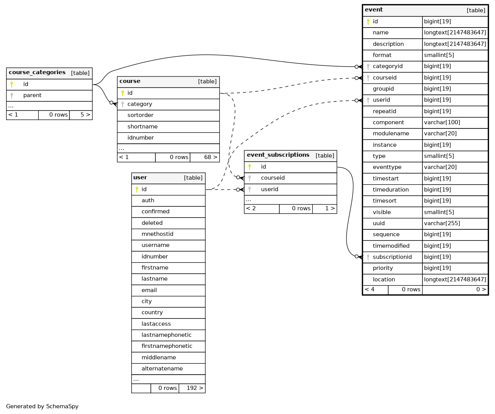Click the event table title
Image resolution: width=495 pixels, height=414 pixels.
(374, 10)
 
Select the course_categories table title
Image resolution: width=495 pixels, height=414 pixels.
(37, 73)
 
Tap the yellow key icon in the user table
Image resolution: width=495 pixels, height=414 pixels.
(137, 189)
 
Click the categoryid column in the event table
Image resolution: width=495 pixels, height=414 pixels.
(388, 66)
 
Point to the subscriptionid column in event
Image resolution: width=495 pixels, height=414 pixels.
(392, 257)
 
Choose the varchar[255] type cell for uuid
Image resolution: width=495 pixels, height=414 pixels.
(442, 223)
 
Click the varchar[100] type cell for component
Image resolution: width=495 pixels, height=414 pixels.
(442, 122)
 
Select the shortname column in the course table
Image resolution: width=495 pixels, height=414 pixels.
(142, 127)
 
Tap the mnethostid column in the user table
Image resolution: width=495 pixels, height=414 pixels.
(157, 234)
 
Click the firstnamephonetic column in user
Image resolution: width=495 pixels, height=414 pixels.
(167, 346)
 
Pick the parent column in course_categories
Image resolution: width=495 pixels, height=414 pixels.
(32, 95)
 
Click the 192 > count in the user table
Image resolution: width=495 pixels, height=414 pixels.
(195, 388)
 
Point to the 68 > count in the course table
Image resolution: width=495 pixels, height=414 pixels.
(211, 157)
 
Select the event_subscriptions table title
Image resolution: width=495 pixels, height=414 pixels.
(278, 155)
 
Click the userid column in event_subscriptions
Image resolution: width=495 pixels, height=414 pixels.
(269, 189)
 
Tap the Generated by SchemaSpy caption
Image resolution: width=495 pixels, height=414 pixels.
(42, 406)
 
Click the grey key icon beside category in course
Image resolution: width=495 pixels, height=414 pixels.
(123, 104)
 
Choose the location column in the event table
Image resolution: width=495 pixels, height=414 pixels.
(384, 279)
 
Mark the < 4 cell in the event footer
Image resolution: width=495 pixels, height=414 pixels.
(369, 289)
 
